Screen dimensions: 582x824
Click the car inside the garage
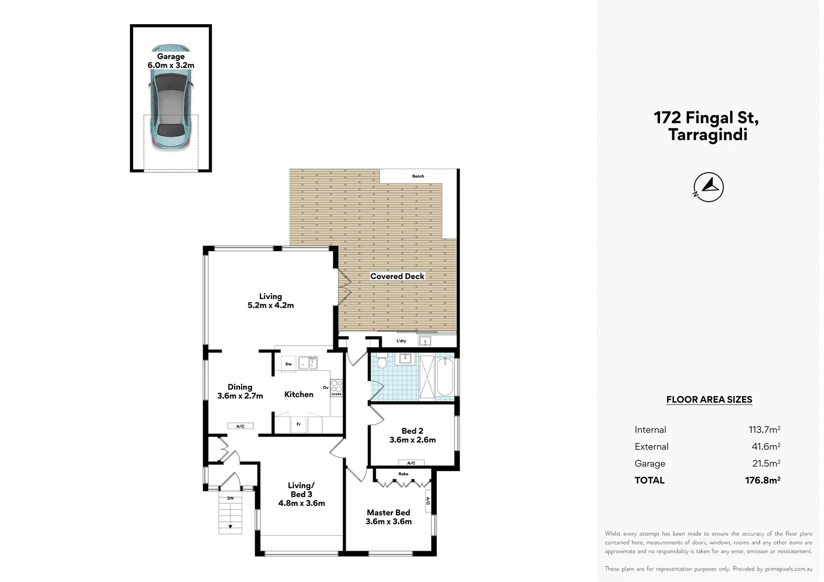170,98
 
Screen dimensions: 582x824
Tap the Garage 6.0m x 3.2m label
171,61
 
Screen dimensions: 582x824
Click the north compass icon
708,187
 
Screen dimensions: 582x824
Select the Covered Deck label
397,276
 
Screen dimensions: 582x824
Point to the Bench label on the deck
418,176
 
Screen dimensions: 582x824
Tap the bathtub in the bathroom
445,376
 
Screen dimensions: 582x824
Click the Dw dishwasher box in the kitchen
289,364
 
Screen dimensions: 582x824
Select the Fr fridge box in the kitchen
298,425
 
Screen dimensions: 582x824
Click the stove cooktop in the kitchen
336,387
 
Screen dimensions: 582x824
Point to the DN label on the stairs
230,498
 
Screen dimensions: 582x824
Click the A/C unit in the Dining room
241,426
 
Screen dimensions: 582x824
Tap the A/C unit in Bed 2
411,463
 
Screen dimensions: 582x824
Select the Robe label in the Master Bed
403,474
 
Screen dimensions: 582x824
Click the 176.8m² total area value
763,480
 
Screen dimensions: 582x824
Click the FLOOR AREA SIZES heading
709,400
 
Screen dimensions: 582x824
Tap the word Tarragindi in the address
708,135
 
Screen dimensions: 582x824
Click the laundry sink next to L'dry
425,341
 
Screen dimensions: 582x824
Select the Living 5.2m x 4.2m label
271,301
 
